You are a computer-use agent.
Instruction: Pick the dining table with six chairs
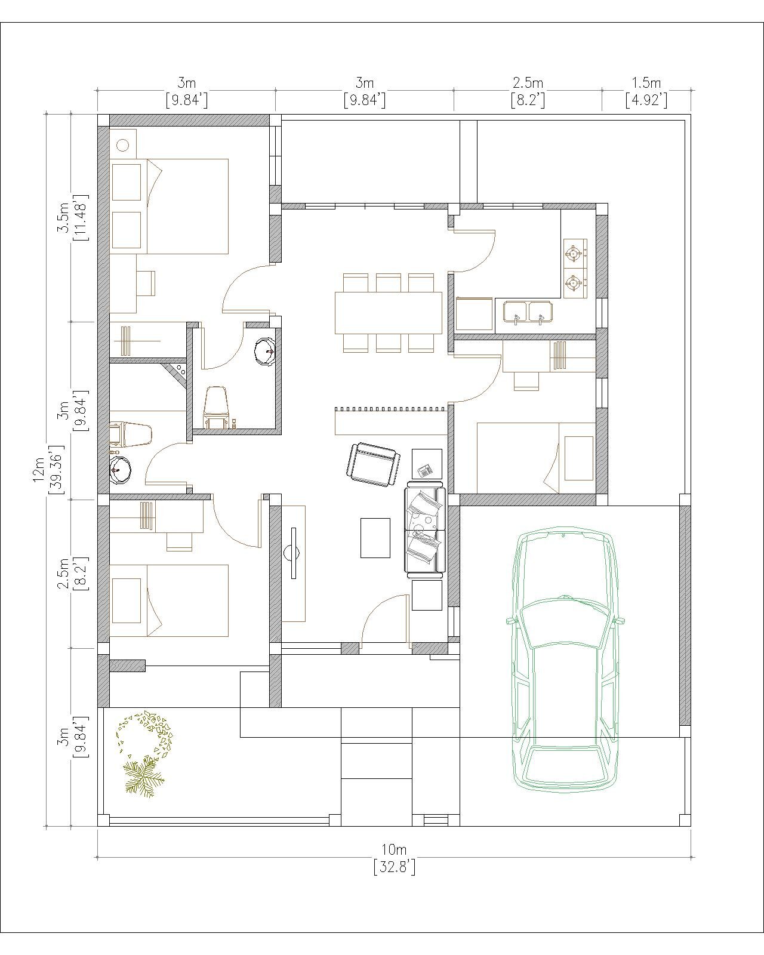point(389,313)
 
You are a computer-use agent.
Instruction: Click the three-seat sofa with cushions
point(425,530)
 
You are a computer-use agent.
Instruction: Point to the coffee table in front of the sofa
point(375,537)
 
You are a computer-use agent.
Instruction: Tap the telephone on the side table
point(425,470)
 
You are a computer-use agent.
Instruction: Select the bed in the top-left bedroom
point(170,207)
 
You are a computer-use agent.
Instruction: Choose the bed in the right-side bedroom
point(536,458)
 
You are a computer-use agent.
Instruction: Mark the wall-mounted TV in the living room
point(293,553)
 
